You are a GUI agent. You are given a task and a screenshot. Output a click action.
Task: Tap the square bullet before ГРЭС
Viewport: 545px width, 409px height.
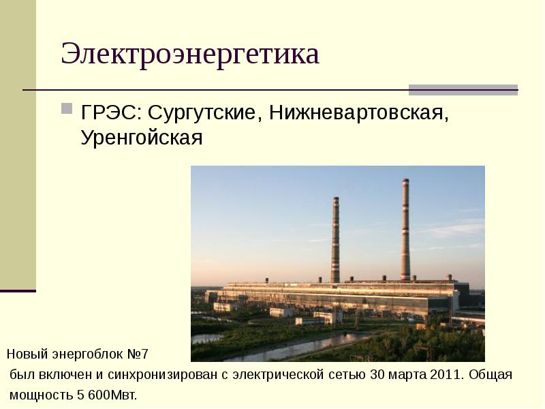(67, 108)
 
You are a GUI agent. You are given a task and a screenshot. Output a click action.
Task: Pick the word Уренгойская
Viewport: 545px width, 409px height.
(142, 138)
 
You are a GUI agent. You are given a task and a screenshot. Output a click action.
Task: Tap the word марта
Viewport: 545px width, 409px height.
(410, 375)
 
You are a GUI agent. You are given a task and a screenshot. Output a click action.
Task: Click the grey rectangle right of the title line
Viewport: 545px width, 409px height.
(463, 89)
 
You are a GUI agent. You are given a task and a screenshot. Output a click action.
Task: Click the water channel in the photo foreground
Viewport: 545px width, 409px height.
(272, 348)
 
